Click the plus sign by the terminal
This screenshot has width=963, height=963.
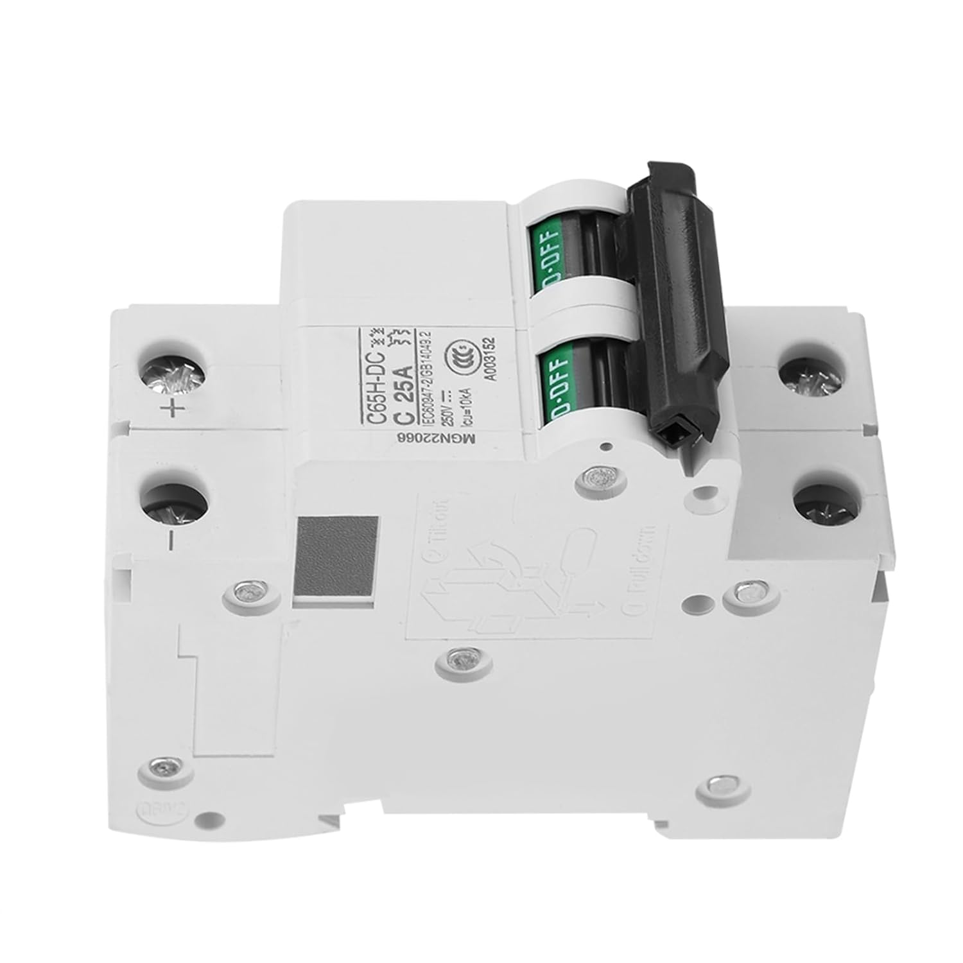173,409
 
